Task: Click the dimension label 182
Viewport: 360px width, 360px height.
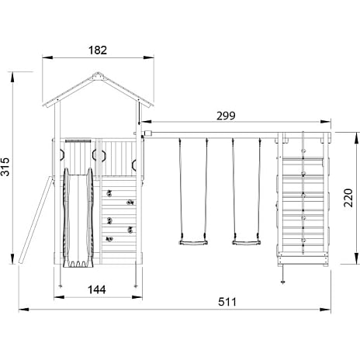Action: coord(98,50)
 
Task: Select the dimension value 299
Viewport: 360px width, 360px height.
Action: coord(226,116)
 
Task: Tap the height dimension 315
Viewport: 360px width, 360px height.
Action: coord(5,167)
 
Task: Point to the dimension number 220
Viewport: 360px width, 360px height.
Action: coord(348,198)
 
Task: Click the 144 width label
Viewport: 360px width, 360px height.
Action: coord(97,289)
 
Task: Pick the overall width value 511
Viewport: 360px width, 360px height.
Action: coord(227,302)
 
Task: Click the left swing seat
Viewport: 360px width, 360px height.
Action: coord(193,243)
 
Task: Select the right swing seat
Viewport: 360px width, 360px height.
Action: coord(247,243)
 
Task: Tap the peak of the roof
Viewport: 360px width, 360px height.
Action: coord(98,72)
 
